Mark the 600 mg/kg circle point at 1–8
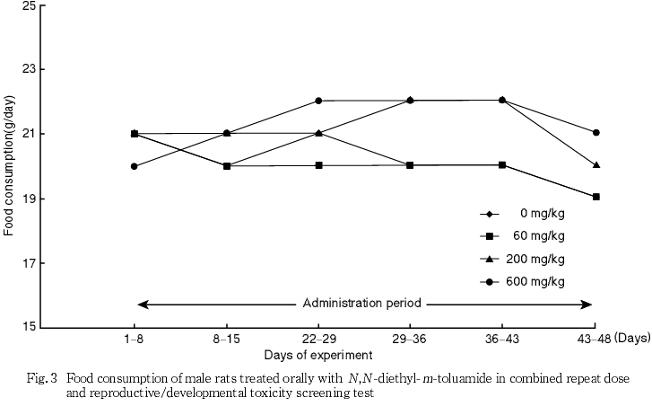pyautogui.click(x=135, y=166)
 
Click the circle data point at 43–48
pyautogui.click(x=595, y=133)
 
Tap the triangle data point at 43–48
pyautogui.click(x=595, y=165)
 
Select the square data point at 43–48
pyautogui.click(x=595, y=197)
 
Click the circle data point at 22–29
pyautogui.click(x=318, y=101)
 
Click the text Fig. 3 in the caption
pyautogui.click(x=43, y=379)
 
